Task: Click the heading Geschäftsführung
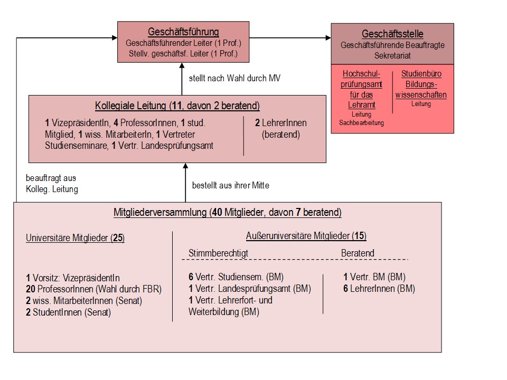click(183, 32)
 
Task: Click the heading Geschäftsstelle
click(392, 34)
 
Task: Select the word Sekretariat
click(392, 55)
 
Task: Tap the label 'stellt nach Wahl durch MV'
click(234, 78)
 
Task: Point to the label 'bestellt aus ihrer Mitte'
click(231, 185)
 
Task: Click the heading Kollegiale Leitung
click(177, 106)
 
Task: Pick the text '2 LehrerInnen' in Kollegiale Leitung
click(280, 123)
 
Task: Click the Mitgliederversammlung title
click(227, 212)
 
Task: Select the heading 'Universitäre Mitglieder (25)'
click(75, 238)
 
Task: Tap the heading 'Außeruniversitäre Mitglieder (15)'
click(306, 236)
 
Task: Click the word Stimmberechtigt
click(218, 253)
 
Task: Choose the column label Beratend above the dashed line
click(358, 253)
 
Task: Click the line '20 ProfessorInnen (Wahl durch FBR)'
click(94, 289)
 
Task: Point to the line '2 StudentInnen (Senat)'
click(68, 312)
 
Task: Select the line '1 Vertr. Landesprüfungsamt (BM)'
click(250, 289)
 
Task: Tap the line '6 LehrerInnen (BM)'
click(379, 289)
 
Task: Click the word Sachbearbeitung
click(361, 123)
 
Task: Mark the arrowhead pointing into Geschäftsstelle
click(328, 38)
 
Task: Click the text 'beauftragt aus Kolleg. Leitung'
click(52, 184)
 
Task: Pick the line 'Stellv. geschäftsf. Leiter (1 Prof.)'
click(183, 54)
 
